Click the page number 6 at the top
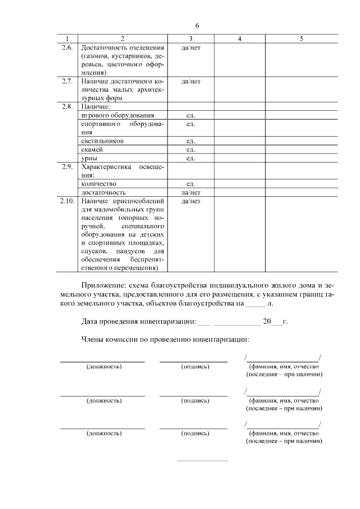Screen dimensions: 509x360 pos(197,26)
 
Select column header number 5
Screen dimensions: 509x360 pos(301,39)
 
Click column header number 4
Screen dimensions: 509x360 pos(240,39)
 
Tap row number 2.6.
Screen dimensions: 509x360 pos(67,48)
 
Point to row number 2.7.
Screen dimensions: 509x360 pos(67,82)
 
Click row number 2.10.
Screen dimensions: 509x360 pos(67,201)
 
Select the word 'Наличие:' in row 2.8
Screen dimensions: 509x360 pos(96,106)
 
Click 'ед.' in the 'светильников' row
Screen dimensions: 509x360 pos(191,141)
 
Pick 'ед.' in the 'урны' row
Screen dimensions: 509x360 pos(191,158)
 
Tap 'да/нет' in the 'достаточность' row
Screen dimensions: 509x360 pos(191,192)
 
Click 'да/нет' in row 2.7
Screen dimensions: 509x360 pos(191,82)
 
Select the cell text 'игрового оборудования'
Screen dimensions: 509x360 pos(114,115)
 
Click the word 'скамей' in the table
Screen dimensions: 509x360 pos(92,150)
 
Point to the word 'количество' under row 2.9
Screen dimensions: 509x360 pos(98,184)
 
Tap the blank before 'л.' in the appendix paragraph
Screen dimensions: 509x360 pos(255,304)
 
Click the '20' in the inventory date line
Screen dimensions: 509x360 pos(267,322)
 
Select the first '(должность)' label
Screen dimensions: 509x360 pos(103,367)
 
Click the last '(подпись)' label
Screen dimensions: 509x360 pos(195,434)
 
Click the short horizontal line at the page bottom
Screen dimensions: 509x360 pos(202,461)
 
